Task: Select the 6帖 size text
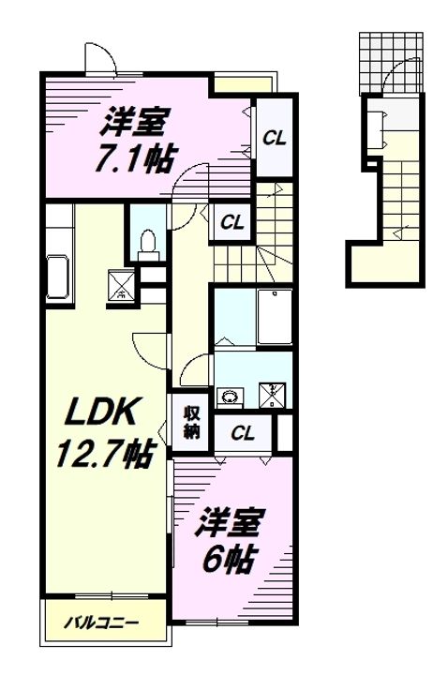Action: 230,561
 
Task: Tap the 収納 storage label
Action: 191,422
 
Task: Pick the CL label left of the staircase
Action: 231,222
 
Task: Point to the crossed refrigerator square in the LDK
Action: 121,282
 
